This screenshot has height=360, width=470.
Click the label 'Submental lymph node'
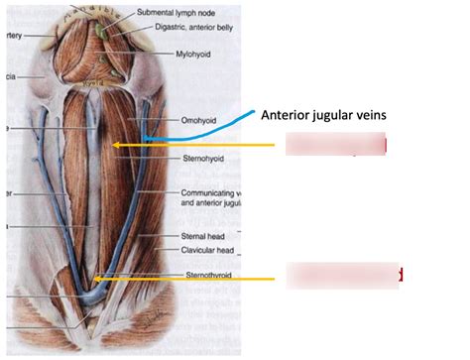(173, 12)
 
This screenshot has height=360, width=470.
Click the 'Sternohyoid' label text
(200, 157)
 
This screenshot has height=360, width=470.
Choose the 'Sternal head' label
(201, 237)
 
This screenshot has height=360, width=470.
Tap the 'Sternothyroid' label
(205, 275)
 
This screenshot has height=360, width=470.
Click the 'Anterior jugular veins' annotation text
(322, 114)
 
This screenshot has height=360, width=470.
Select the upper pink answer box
(336, 146)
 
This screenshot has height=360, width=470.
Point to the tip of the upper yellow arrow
(113, 147)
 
